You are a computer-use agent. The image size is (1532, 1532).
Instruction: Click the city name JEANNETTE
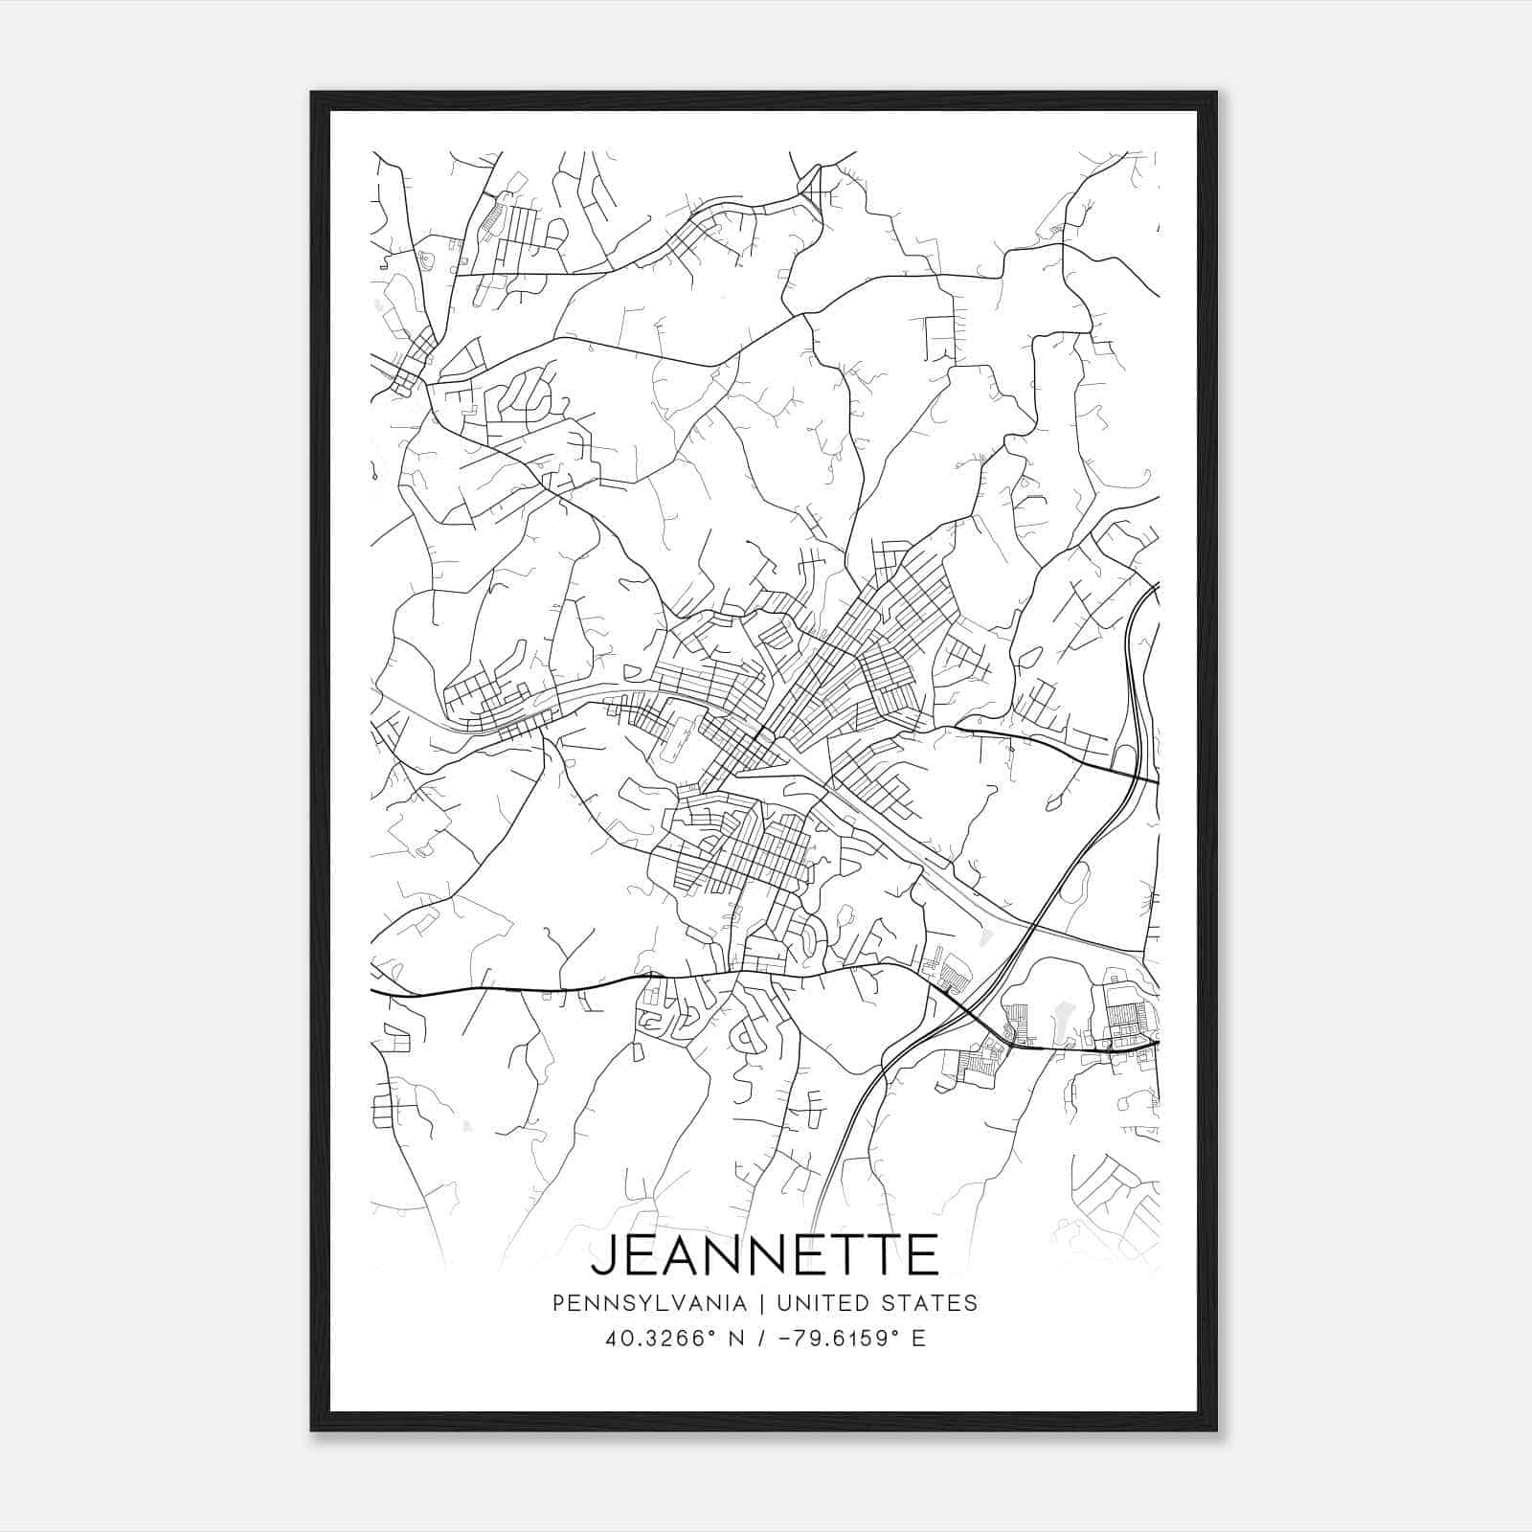coord(765,1255)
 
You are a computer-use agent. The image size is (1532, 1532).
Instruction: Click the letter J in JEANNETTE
coord(603,1255)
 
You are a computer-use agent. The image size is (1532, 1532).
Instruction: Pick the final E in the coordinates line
coord(918,1339)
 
